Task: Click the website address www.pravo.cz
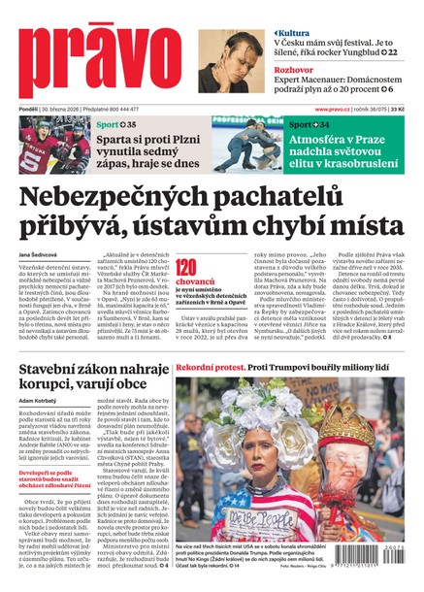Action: (338, 110)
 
